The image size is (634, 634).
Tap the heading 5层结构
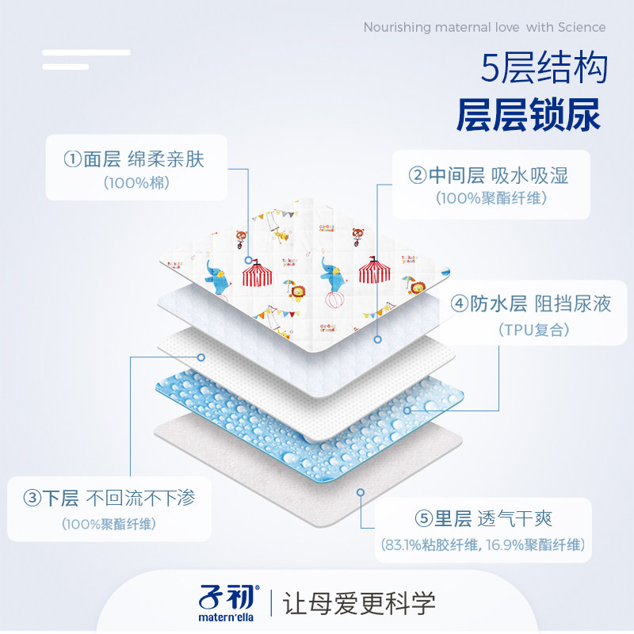[x=544, y=69]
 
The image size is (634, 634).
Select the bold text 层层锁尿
[x=529, y=116]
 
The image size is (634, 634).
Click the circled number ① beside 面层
[x=73, y=159]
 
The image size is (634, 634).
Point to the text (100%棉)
[x=136, y=183]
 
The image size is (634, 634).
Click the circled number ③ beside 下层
[x=32, y=498]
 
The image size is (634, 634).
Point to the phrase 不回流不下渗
[x=139, y=498]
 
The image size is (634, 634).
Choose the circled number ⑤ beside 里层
[x=422, y=520]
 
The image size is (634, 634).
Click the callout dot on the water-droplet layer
[x=407, y=411]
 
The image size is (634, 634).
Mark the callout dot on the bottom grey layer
[x=361, y=491]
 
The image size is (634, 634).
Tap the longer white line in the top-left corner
[x=86, y=52]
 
